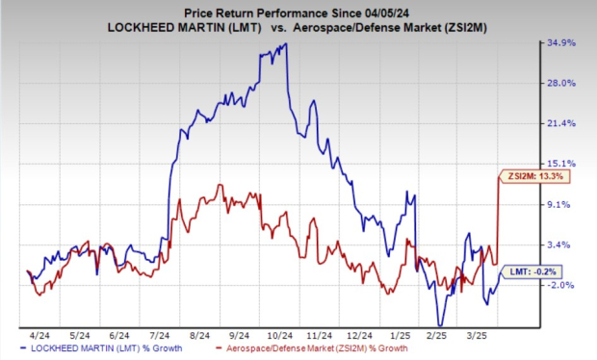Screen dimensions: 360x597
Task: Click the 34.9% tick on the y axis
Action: click(563, 43)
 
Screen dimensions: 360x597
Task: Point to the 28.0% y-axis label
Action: click(563, 83)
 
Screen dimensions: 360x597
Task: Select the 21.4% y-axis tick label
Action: click(563, 123)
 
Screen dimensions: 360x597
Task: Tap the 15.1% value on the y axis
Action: click(563, 164)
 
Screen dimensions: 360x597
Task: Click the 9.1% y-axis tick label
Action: click(565, 204)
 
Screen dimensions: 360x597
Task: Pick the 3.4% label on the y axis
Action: click(565, 244)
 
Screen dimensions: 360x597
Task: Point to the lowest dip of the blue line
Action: click(440, 324)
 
